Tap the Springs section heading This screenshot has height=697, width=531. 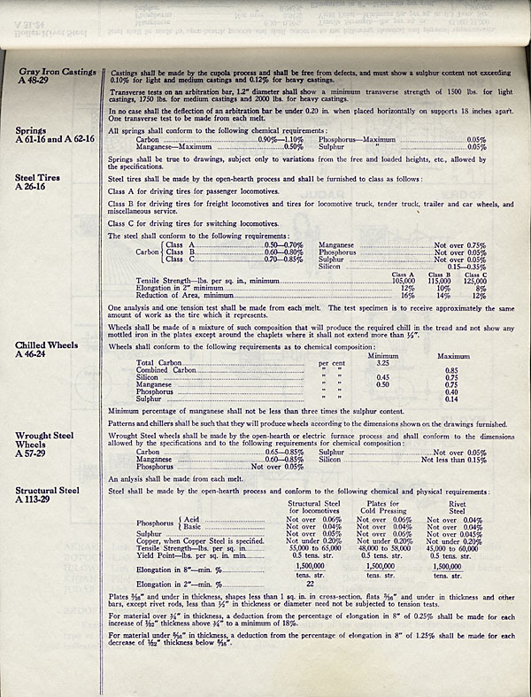[31, 130]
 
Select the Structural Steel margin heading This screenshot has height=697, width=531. [46, 489]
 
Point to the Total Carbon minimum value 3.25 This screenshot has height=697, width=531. [383, 363]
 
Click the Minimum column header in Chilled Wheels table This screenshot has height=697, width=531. [386, 355]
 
